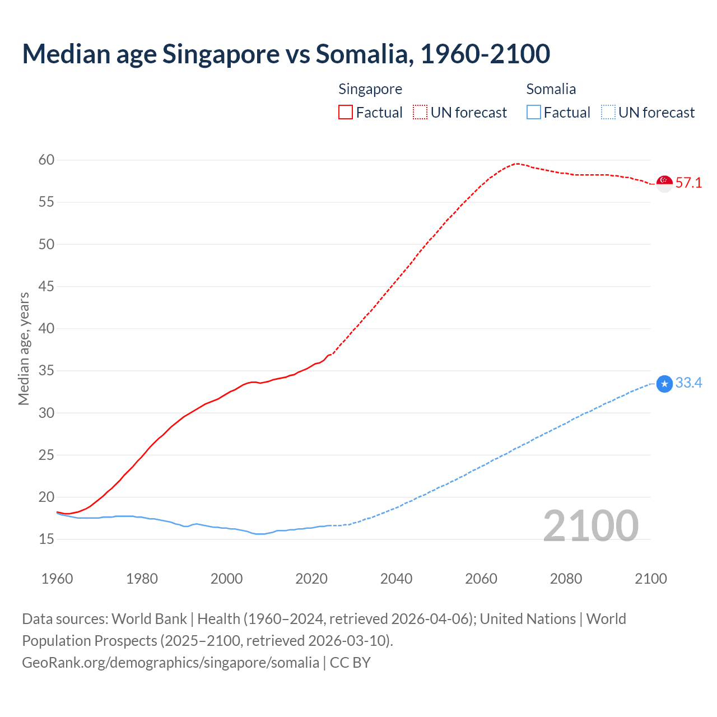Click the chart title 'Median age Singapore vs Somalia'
click(x=286, y=54)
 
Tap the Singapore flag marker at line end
click(x=664, y=183)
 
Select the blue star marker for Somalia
click(x=664, y=384)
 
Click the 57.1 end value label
click(x=688, y=183)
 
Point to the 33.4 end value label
click(x=688, y=383)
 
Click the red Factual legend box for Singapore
click(x=346, y=113)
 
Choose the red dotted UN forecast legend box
click(x=420, y=113)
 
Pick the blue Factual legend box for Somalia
click(x=534, y=113)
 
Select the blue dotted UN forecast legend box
click(x=608, y=113)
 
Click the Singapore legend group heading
click(x=370, y=89)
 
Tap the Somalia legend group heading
click(x=551, y=89)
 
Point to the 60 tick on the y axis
click(x=46, y=160)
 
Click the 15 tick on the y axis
click(x=46, y=539)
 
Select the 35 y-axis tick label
click(x=46, y=371)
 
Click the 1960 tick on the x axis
click(x=57, y=579)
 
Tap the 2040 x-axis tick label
click(x=396, y=579)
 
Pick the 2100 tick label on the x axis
click(x=650, y=579)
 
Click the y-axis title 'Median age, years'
click(x=24, y=348)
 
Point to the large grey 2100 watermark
click(x=591, y=526)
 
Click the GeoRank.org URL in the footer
click(x=170, y=663)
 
